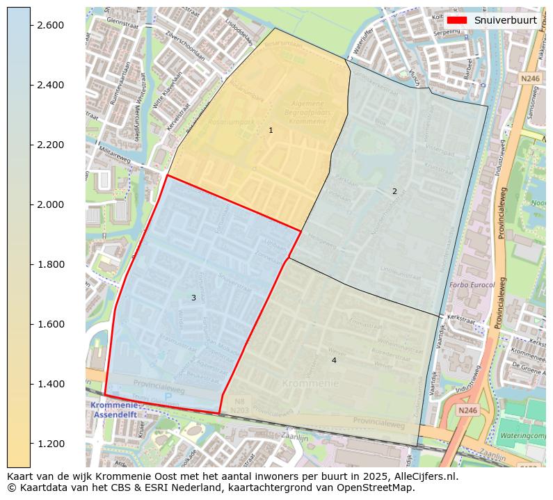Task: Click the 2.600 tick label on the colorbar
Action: click(x=50, y=25)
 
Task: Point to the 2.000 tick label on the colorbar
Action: click(x=50, y=204)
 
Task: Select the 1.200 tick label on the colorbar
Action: click(x=50, y=444)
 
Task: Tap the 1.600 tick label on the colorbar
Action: click(x=50, y=324)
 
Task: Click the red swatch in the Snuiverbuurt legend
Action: click(x=456, y=20)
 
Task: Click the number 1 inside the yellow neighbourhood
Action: click(x=271, y=130)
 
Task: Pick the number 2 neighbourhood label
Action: click(x=394, y=191)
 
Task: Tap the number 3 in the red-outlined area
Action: click(x=193, y=298)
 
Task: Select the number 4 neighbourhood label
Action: click(x=334, y=360)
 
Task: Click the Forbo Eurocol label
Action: click(x=472, y=285)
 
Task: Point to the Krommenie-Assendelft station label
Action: click(x=114, y=410)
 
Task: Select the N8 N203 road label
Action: click(x=239, y=406)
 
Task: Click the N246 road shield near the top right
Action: click(x=530, y=79)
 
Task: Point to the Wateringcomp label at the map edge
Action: click(x=522, y=435)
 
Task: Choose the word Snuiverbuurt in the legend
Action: click(x=505, y=20)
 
